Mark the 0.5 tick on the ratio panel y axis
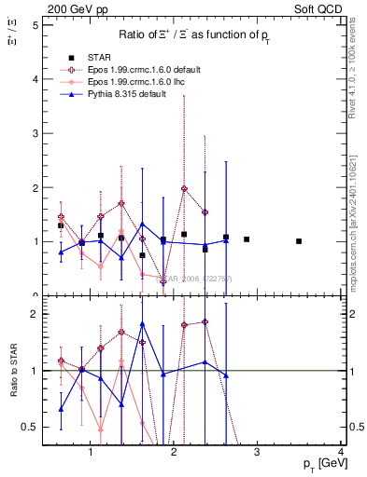coord(30,427)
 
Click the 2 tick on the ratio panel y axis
coord(35,314)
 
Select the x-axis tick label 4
coord(341,452)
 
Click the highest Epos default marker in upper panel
coord(184,188)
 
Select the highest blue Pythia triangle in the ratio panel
coord(142,324)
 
